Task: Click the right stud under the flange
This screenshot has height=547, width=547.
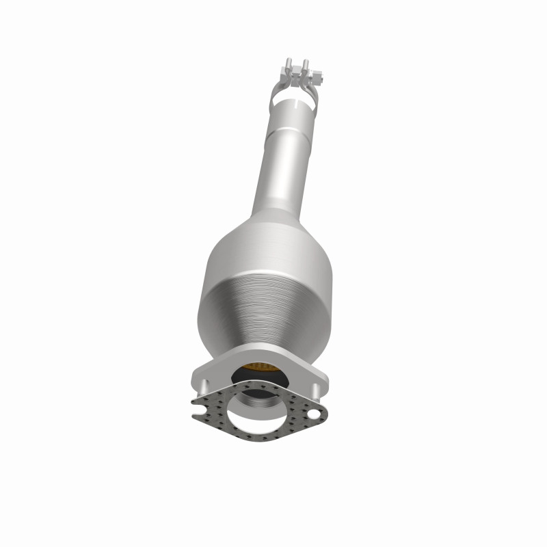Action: point(317,390)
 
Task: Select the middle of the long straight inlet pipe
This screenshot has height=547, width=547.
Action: point(277,178)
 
